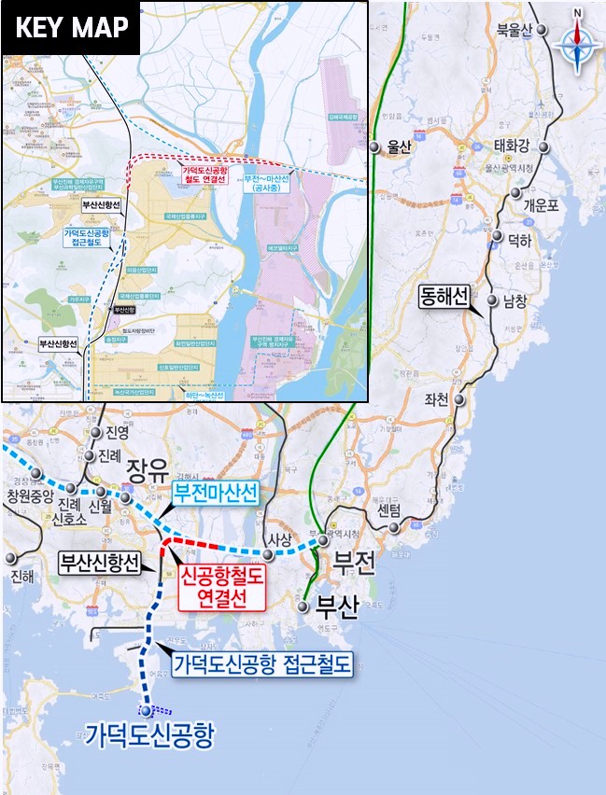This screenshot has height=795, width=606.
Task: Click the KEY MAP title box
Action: [x=71, y=28]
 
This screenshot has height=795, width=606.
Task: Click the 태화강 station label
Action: [x=512, y=146]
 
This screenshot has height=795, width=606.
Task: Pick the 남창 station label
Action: [x=515, y=302]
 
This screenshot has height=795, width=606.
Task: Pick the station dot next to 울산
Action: [x=373, y=146]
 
